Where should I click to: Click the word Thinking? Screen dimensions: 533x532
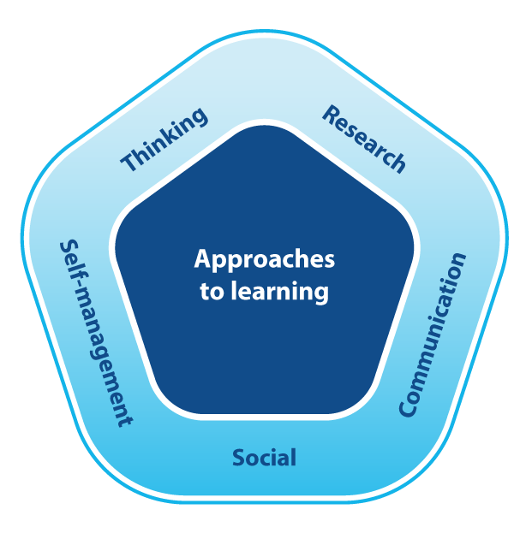coord(164,139)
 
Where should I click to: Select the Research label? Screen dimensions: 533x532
coord(363,139)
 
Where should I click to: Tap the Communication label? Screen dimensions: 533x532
coord(433,335)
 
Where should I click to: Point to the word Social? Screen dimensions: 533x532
coord(264,458)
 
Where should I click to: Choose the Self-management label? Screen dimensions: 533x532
coord(95,333)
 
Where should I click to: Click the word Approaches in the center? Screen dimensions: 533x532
coord(264,259)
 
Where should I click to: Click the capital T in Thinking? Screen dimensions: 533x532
coord(129,162)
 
